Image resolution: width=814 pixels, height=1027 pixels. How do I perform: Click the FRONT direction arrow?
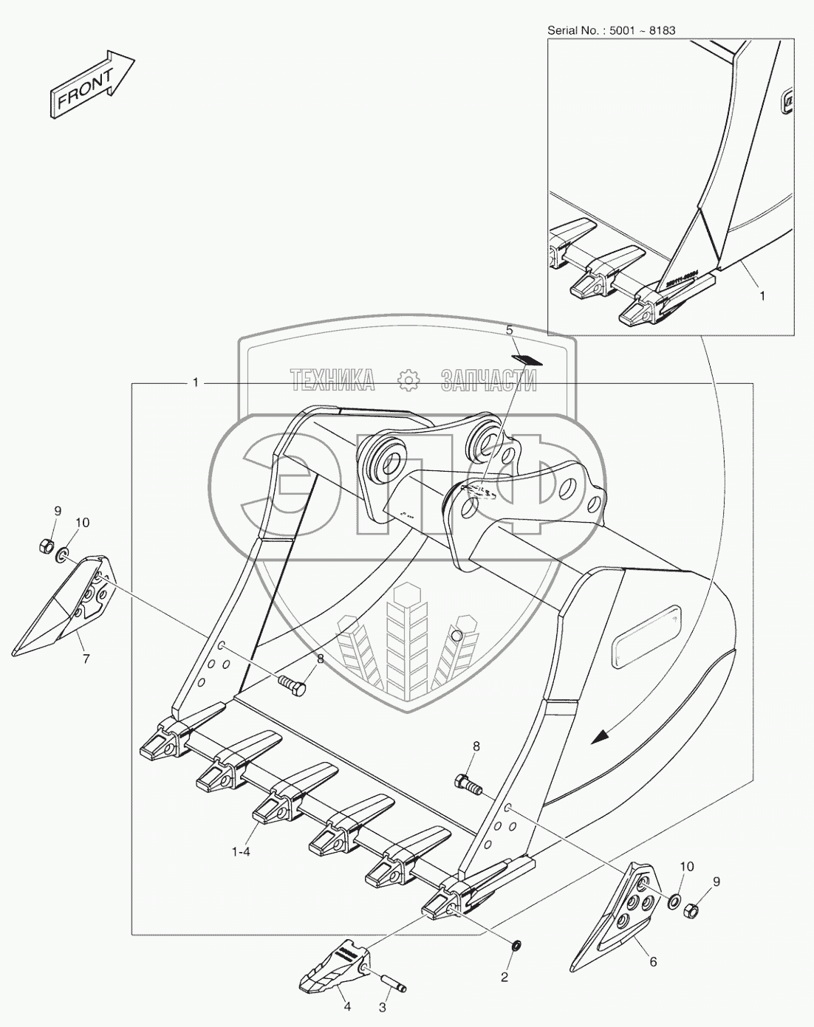[92, 83]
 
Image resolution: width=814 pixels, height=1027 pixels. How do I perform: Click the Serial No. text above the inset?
[611, 30]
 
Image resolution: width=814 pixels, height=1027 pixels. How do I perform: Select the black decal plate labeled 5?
[527, 359]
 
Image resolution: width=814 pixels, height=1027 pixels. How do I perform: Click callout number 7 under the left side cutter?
[86, 659]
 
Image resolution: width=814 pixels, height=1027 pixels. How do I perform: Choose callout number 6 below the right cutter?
[652, 961]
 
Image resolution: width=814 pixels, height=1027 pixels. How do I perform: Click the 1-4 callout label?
[241, 851]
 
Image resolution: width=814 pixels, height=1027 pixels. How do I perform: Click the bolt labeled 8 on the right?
[467, 784]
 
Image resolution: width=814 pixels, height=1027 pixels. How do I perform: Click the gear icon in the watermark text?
[407, 379]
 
